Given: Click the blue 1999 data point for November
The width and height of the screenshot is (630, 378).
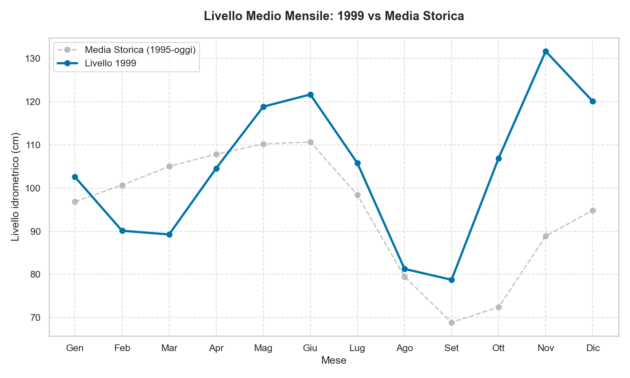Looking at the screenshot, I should (546, 52).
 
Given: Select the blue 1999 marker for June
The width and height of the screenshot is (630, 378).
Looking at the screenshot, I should (310, 95).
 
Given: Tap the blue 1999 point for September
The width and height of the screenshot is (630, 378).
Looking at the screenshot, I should (451, 280).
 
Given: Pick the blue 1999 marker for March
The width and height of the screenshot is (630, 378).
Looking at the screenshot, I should (169, 234).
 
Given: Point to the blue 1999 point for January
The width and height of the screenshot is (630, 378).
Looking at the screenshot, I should (75, 177).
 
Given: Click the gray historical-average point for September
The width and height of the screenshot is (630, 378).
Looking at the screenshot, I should (451, 323).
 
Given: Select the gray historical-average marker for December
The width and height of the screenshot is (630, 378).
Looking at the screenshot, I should (593, 210).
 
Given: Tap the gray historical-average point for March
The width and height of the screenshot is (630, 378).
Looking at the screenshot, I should (169, 166).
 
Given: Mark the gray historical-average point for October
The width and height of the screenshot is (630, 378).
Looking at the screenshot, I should (499, 307).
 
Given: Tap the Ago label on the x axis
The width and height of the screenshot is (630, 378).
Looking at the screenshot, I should (404, 348).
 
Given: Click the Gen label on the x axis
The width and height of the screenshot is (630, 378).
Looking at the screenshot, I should (75, 348).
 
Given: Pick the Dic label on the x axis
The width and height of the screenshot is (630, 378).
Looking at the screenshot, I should (593, 348).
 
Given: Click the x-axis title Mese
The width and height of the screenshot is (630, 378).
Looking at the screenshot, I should (334, 360).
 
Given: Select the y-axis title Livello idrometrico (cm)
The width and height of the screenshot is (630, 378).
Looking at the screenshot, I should (16, 187).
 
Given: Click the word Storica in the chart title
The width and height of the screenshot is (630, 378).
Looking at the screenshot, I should (444, 16).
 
